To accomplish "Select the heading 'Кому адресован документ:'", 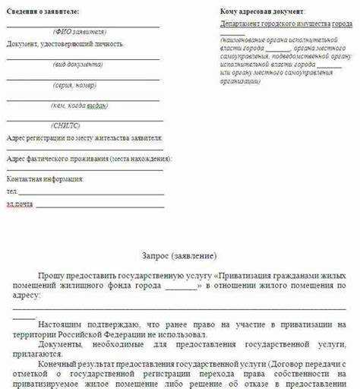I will (263, 13).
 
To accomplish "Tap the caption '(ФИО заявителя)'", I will (80, 32).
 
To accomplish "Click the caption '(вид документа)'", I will (79, 65).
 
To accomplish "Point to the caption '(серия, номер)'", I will (79, 85).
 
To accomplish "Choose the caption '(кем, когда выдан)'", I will (79, 106).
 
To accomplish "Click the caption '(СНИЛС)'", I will (66, 125).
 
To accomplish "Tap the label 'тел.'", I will (11, 191).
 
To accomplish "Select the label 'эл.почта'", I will (20, 204).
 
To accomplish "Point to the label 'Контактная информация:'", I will (45, 179).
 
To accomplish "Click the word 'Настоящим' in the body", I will (57, 324).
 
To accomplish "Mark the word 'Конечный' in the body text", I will (55, 364).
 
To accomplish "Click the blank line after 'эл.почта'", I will (99, 206).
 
